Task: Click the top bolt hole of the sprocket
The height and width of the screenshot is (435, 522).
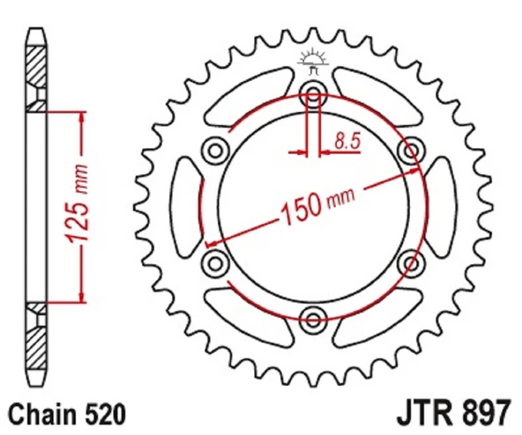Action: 313,92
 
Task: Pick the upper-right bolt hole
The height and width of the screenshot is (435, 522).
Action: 410,149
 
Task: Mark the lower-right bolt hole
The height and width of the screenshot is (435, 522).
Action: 410,262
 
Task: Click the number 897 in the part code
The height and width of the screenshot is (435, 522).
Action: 482,412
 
